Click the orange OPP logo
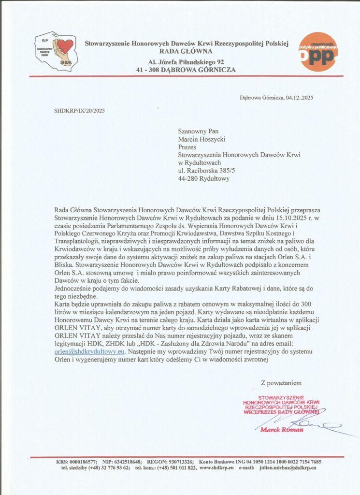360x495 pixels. point(318,52)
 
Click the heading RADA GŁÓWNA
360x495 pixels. point(186,52)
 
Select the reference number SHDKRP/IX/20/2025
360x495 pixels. point(79,111)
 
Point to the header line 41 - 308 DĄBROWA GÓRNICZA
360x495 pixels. point(186,70)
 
